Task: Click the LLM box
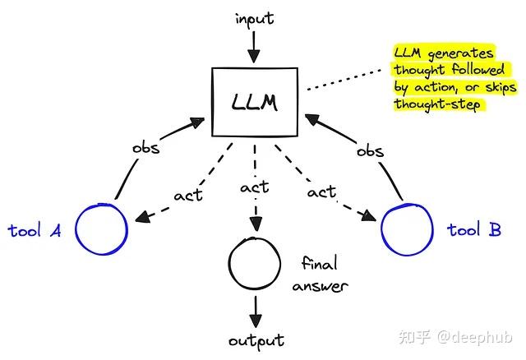tap(254, 102)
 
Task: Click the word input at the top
tap(254, 17)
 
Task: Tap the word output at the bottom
tap(255, 340)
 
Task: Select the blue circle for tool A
tap(101, 226)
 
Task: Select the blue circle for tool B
tap(407, 228)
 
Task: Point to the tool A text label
tap(35, 230)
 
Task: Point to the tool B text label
tap(474, 230)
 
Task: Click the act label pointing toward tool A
tap(187, 196)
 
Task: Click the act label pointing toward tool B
tap(321, 192)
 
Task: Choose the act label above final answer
tap(254, 189)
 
